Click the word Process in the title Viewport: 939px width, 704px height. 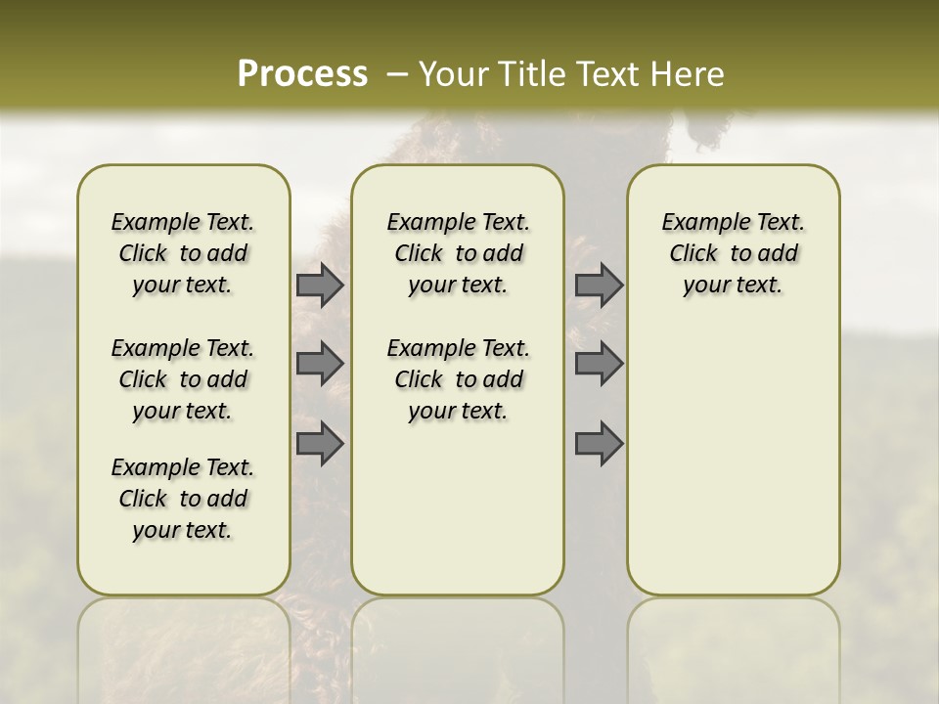(302, 73)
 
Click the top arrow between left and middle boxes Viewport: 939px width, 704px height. (320, 285)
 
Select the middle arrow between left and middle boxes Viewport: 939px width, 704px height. (320, 364)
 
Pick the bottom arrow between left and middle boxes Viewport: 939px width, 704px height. (320, 443)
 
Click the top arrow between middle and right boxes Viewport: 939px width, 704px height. (599, 285)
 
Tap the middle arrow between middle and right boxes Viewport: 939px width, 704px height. (599, 364)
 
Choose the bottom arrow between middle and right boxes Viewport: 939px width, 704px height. (599, 443)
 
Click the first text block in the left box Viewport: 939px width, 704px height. (183, 253)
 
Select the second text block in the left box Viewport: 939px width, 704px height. (183, 379)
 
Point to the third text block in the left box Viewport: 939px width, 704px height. (183, 499)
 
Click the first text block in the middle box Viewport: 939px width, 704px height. (458, 253)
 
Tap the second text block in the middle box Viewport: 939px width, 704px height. (458, 379)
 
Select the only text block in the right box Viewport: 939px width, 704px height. (733, 253)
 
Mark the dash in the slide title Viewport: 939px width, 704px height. (397, 74)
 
